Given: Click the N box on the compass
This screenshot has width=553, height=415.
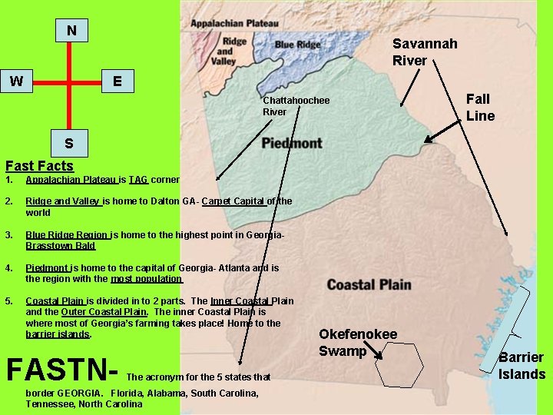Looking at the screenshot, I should pyautogui.click(x=71, y=31).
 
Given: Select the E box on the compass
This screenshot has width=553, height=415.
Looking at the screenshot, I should pyautogui.click(x=117, y=81).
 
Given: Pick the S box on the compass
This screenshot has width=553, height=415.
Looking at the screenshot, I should pyautogui.click(x=69, y=143).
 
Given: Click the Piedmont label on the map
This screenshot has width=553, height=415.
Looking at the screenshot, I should pyautogui.click(x=292, y=143).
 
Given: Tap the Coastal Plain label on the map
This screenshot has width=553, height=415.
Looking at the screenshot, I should pyautogui.click(x=369, y=285).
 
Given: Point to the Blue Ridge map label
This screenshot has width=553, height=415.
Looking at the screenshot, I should pyautogui.click(x=298, y=45).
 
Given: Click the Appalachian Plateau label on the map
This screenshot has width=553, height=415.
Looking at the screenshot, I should pyautogui.click(x=234, y=24).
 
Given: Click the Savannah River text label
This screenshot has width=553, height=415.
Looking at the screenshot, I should pyautogui.click(x=424, y=51).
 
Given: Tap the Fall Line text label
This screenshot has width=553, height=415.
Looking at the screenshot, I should pyautogui.click(x=479, y=108).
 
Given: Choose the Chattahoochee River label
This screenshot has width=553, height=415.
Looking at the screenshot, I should pyautogui.click(x=296, y=106).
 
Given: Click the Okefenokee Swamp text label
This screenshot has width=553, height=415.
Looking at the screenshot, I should pyautogui.click(x=358, y=343).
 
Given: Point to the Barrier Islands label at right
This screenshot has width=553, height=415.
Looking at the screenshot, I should pyautogui.click(x=522, y=366).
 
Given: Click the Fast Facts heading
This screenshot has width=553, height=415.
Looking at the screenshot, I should pyautogui.click(x=39, y=165).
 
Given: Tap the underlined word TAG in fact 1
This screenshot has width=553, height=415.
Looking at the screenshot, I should pyautogui.click(x=138, y=180).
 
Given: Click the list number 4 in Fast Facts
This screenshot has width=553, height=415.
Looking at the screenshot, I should pyautogui.click(x=8, y=268).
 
